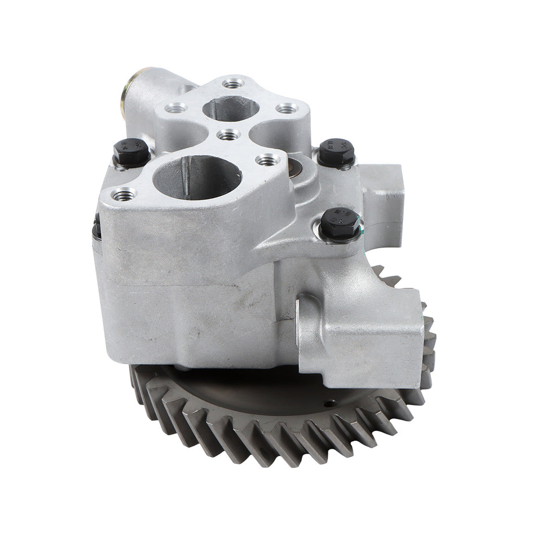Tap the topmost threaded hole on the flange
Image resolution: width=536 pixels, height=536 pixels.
coord(232,84)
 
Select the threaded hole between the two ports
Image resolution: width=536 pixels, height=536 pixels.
coord(228,135)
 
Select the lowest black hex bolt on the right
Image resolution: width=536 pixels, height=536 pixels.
coord(340,223)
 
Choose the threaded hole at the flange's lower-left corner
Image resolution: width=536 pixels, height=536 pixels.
coord(124,195)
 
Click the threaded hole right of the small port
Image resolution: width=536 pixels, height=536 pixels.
coord(287,108)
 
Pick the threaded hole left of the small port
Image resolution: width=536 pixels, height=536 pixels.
coord(177,107)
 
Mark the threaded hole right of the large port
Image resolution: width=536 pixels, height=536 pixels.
coord(267,160)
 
